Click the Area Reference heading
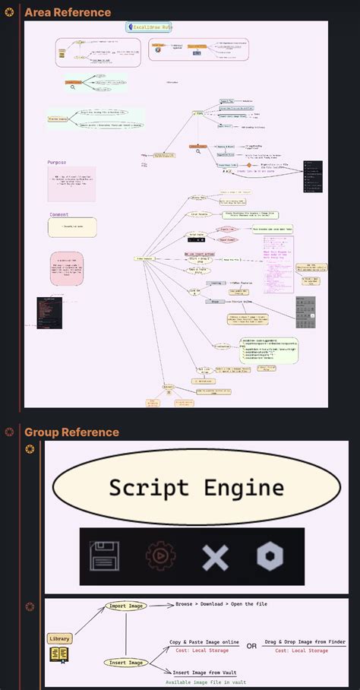click(x=67, y=12)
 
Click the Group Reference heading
click(x=71, y=432)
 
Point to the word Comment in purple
click(x=59, y=214)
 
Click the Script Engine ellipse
click(x=196, y=487)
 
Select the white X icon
click(x=215, y=557)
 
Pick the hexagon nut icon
click(x=270, y=557)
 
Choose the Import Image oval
click(x=125, y=606)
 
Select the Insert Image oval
click(x=125, y=663)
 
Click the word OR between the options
click(x=251, y=646)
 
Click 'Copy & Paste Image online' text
click(x=204, y=642)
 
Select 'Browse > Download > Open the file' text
click(x=220, y=604)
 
